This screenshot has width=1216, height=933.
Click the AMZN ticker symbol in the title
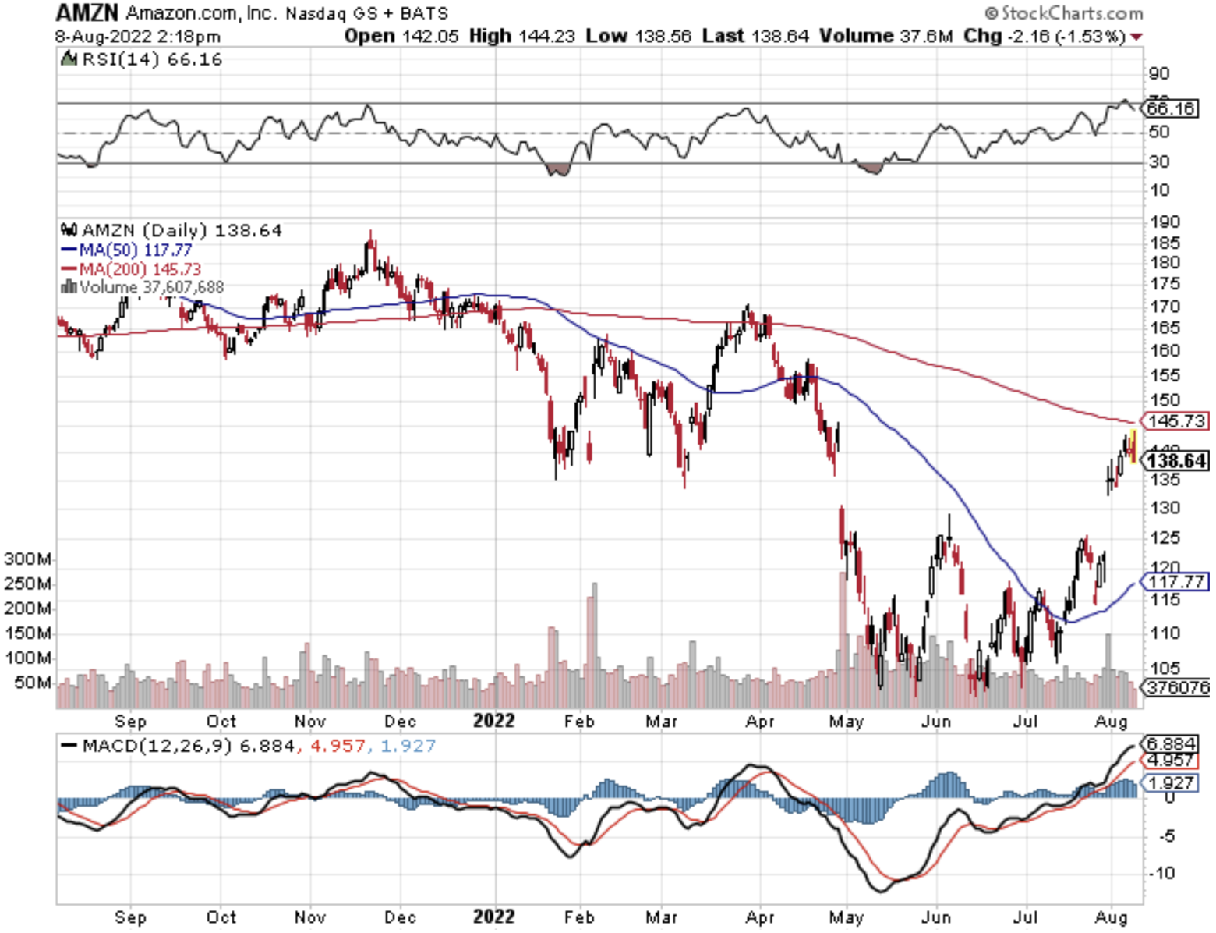coord(87,12)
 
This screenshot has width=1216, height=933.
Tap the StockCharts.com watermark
coord(1064,13)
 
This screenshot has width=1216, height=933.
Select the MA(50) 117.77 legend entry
coord(127,250)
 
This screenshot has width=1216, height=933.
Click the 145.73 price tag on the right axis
coord(1176,421)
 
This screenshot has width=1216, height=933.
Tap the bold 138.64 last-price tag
coord(1176,461)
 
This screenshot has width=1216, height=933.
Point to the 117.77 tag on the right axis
coord(1176,581)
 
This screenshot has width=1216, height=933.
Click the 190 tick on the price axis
coord(1165,222)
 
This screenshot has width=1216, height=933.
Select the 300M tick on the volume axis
coord(28,559)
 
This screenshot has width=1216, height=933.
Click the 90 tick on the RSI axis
coord(1158,73)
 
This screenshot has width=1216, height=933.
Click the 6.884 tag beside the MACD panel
coord(1169,744)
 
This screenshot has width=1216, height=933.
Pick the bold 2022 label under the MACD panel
coord(493,917)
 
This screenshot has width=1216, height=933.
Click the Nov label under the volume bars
coord(310,722)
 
